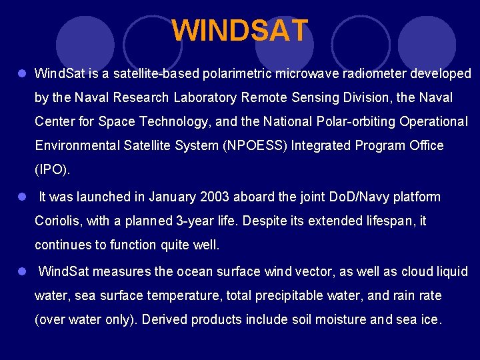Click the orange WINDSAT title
tap(240, 31)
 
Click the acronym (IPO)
tap(52, 169)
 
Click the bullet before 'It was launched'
tap(22, 197)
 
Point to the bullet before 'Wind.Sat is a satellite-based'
tap(22, 73)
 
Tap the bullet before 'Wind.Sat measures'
tap(22, 271)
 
